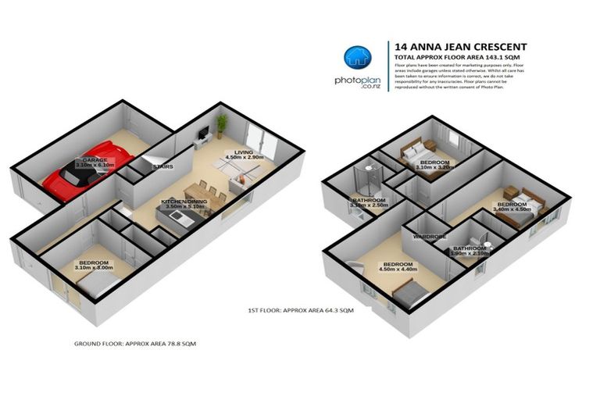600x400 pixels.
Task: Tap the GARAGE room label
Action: pos(95,161)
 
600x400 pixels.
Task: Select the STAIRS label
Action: pos(162,166)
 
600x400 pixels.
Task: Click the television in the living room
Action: pos(202,134)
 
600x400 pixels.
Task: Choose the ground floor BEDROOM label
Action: pos(95,263)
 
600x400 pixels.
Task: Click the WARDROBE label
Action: pos(429,236)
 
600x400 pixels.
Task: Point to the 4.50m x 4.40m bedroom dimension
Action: pos(398,270)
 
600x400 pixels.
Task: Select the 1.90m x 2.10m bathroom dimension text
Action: pos(470,253)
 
